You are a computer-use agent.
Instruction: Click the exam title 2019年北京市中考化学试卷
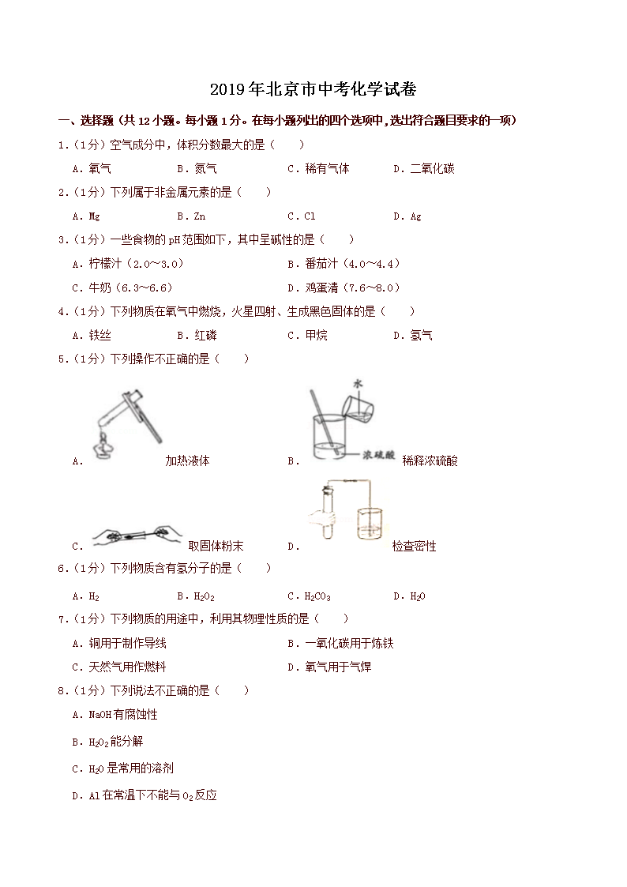[313, 88]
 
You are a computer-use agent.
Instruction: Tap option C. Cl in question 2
[302, 216]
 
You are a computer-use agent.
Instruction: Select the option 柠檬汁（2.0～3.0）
[127, 264]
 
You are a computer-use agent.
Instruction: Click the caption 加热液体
[187, 460]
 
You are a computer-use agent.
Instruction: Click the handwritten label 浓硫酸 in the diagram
[377, 456]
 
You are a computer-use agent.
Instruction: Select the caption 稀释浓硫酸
[430, 460]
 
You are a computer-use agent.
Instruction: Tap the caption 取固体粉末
[216, 546]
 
